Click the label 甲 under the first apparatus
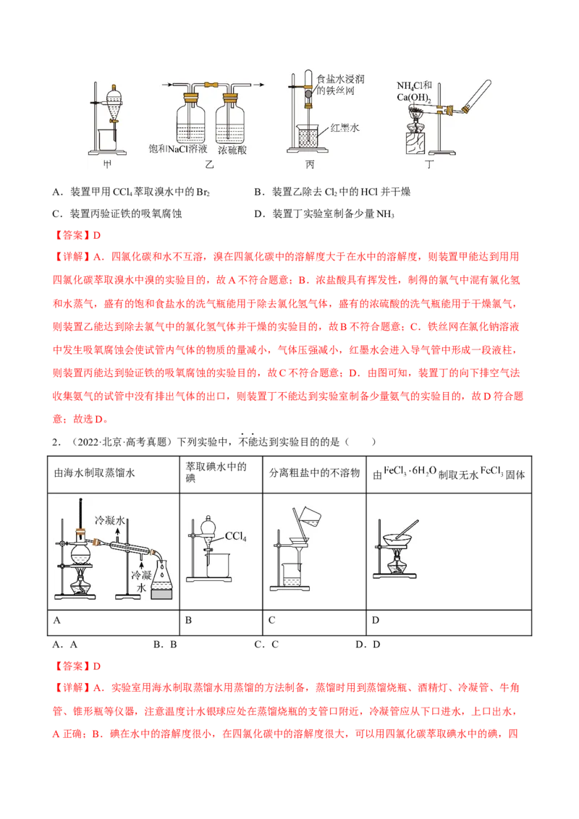tap(109, 165)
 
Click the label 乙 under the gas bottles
tap(211, 165)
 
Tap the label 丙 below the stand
tap(310, 165)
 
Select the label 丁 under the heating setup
tap(416, 165)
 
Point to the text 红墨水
tap(345, 128)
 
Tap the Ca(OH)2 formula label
tap(414, 98)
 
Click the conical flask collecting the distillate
tap(163, 579)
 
